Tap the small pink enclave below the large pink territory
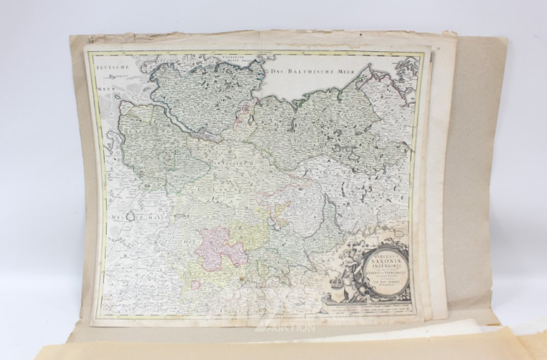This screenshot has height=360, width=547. tap(195, 284)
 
